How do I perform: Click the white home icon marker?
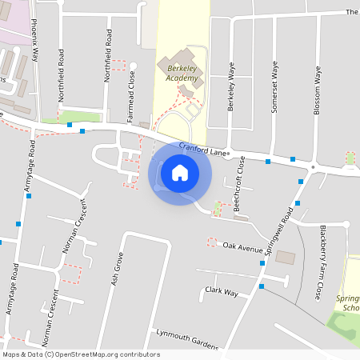180,172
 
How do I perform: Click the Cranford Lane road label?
204,150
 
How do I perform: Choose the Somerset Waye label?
274,86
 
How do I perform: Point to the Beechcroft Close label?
240,184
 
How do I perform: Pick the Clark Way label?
222,291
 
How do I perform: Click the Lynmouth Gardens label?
187,339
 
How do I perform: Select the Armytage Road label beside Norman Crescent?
13,288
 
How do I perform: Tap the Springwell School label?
350,297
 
